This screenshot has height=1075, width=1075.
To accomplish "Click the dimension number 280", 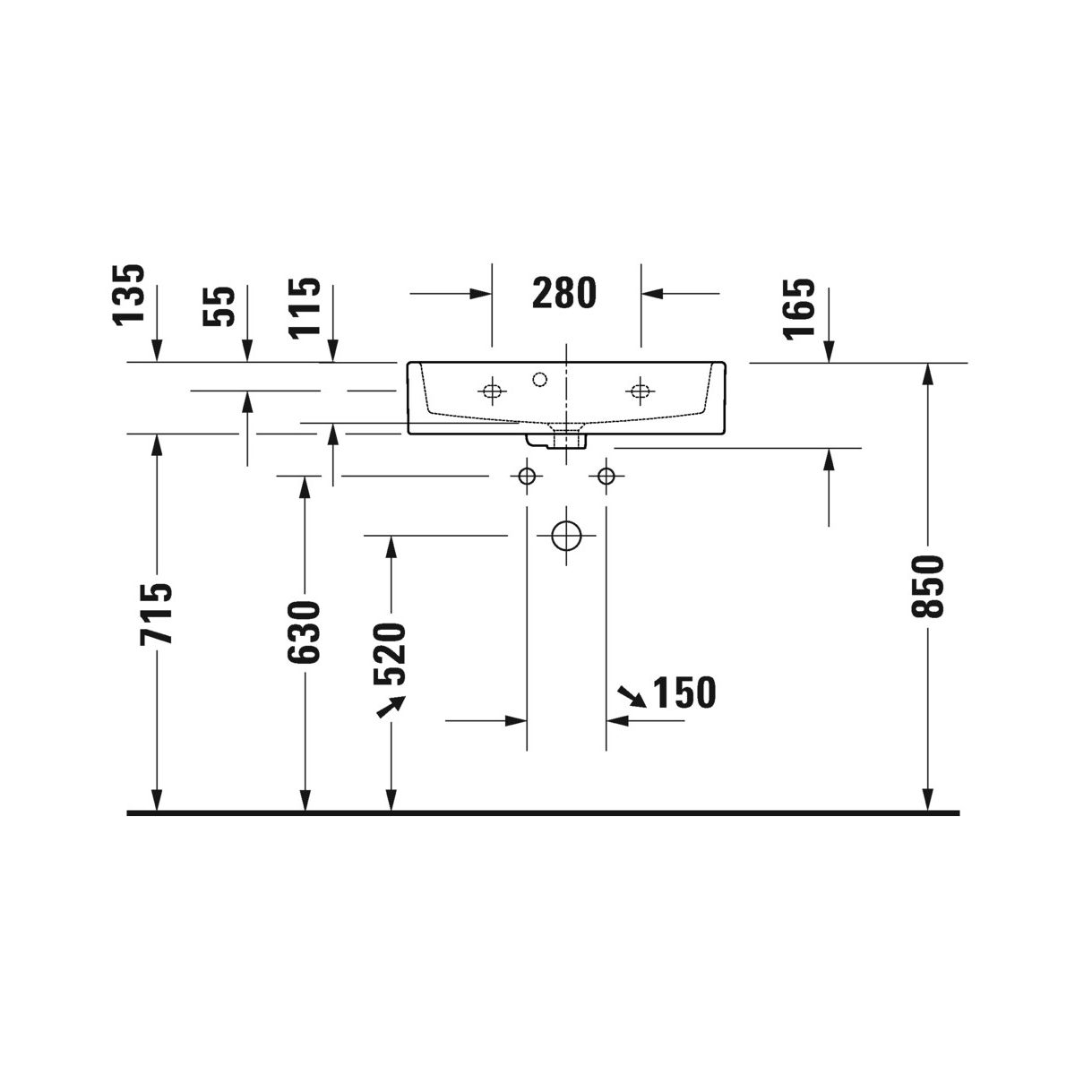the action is (x=564, y=294).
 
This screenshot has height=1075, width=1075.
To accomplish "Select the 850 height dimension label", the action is (x=927, y=586).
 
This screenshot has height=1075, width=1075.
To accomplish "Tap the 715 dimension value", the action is (x=156, y=614).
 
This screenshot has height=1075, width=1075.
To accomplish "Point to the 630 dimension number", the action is (x=304, y=632).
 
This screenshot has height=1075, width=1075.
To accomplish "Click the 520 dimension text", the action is (x=390, y=654).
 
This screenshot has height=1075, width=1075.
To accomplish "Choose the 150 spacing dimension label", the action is (x=684, y=692).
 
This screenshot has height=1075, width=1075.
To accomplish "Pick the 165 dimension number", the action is (x=799, y=308).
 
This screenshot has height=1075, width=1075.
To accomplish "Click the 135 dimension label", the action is (x=129, y=295).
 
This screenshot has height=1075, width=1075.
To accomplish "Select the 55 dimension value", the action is (x=219, y=306).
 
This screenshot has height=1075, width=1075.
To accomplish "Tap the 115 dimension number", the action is (x=305, y=308).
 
